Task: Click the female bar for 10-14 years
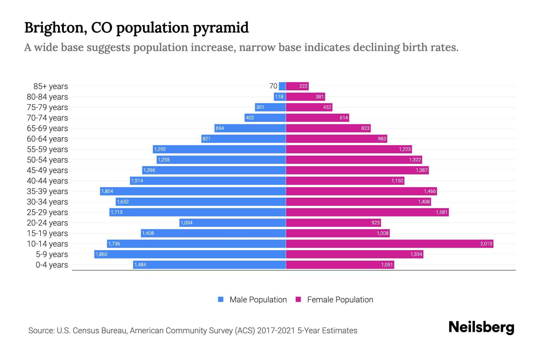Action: (389, 244)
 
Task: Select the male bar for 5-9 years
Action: (190, 254)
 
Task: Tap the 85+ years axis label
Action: (50, 86)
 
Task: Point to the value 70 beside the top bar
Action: (273, 86)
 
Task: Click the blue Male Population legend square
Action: (221, 299)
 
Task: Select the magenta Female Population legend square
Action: (298, 299)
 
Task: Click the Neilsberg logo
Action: (481, 327)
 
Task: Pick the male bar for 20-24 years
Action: (232, 223)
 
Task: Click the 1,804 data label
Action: (107, 191)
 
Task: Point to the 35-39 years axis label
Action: (47, 191)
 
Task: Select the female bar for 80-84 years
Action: (305, 97)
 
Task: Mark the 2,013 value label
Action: (486, 244)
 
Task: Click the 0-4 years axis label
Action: (52, 265)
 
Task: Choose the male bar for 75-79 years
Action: (270, 107)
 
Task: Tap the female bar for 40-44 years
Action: (345, 181)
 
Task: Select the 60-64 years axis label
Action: (47, 139)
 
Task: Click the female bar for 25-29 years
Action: (367, 212)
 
